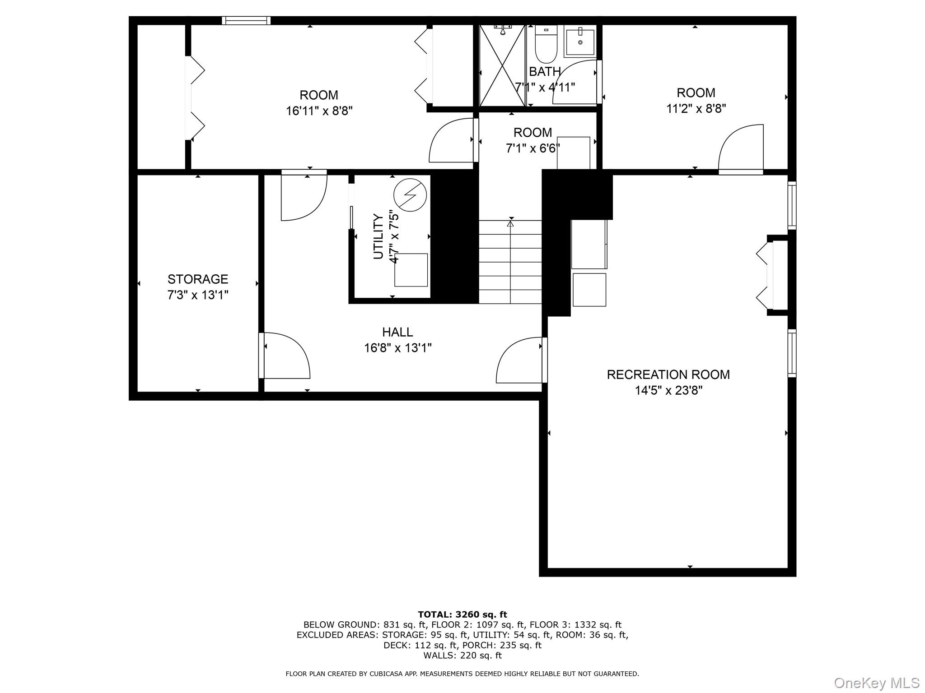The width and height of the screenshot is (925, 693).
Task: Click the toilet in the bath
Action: [x=546, y=46]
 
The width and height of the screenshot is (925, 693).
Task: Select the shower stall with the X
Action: [x=502, y=66]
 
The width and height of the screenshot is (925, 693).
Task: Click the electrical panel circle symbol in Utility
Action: [x=410, y=195]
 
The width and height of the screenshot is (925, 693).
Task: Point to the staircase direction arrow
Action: [x=510, y=223]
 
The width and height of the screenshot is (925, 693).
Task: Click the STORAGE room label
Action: [x=198, y=279]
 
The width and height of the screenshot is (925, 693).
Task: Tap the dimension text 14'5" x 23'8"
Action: [x=668, y=390]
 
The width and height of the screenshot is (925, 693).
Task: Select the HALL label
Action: [x=397, y=332]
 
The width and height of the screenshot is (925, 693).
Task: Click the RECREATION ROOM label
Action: [x=668, y=374]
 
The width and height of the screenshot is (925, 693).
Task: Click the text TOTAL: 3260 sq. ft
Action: [x=462, y=614]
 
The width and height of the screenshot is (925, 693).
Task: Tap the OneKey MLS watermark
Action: [x=876, y=683]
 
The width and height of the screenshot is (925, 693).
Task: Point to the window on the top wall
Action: [x=246, y=20]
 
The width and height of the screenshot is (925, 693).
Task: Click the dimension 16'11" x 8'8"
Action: [x=319, y=111]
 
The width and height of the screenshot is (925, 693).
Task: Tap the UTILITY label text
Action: [x=378, y=236]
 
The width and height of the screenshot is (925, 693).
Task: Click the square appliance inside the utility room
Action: [x=411, y=270]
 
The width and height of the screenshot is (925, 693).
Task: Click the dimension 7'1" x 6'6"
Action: [x=533, y=148]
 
